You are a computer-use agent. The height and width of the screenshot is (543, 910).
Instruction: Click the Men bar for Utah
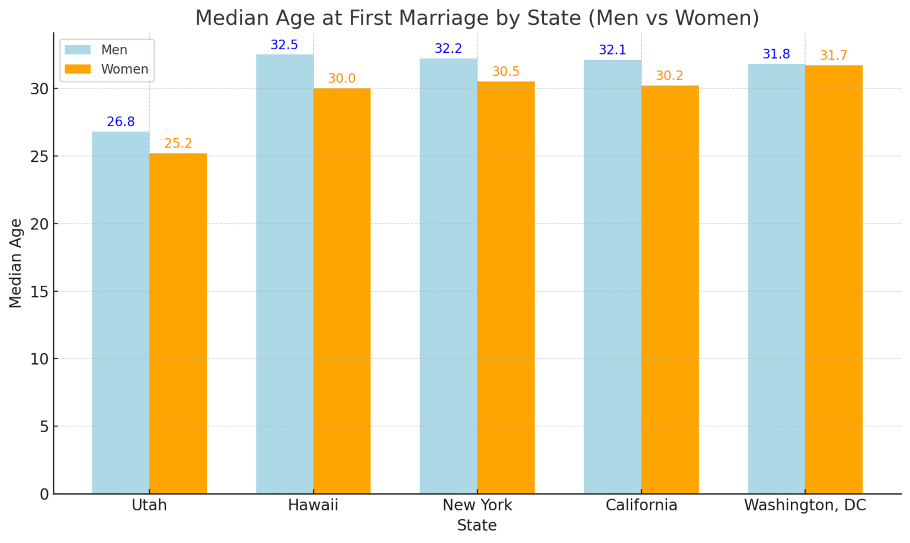(120, 312)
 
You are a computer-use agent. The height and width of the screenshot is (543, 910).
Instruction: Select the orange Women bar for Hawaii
(342, 290)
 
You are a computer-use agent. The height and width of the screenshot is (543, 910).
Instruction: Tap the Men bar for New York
(448, 276)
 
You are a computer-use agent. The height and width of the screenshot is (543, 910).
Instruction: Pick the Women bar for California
(670, 289)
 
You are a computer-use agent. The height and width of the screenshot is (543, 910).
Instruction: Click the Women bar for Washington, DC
(834, 279)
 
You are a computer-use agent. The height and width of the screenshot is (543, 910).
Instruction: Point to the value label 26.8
(121, 122)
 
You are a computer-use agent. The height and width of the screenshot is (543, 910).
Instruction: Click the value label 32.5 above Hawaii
(284, 45)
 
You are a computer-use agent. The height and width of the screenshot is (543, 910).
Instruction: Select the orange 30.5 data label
(506, 72)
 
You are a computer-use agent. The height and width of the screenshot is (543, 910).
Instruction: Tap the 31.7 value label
(834, 56)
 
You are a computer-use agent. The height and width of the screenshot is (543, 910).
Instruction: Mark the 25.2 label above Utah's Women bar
(178, 143)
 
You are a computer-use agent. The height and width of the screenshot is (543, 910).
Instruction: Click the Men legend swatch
(78, 50)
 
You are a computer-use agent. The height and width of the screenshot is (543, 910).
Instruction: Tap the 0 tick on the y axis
(44, 494)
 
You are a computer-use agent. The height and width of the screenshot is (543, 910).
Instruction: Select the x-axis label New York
(478, 505)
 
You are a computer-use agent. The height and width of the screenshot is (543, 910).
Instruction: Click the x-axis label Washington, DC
(805, 505)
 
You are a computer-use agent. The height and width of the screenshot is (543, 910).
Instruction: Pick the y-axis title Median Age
(15, 263)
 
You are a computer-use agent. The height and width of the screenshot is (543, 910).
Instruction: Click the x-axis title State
(477, 525)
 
